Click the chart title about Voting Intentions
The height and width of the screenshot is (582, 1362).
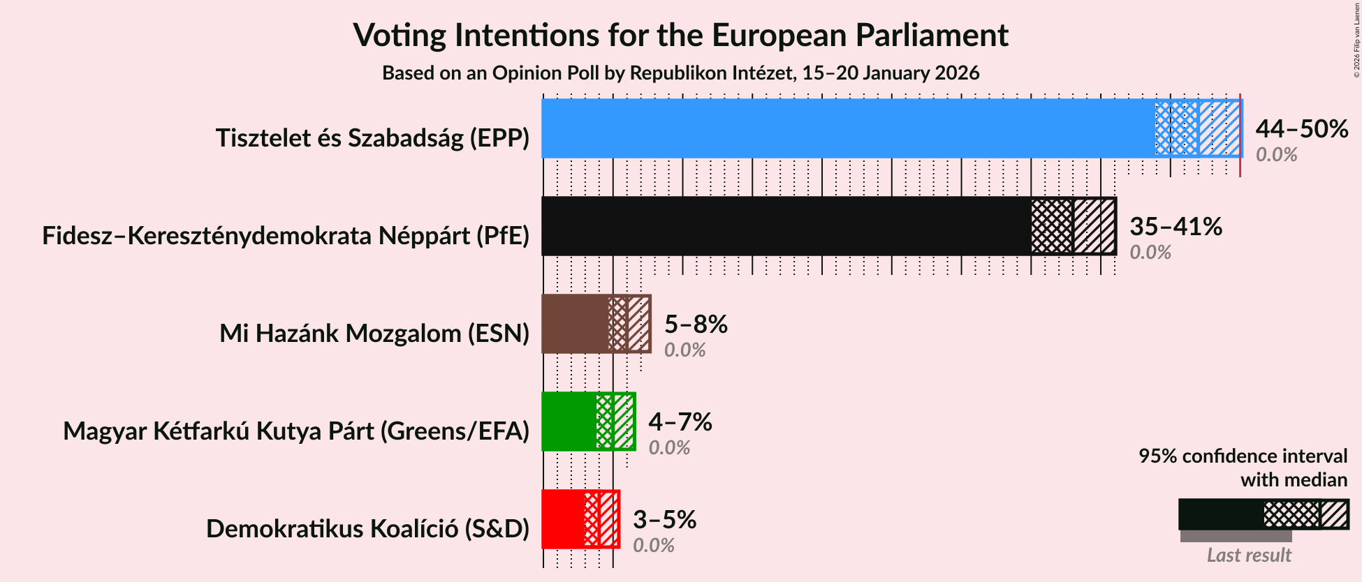click(x=680, y=35)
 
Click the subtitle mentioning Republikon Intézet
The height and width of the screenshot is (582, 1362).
click(x=680, y=73)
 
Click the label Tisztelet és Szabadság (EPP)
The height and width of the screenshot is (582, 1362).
click(x=372, y=138)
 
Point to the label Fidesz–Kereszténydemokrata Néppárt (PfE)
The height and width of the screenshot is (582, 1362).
click(x=286, y=236)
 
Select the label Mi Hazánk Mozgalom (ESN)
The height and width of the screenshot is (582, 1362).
click(x=374, y=334)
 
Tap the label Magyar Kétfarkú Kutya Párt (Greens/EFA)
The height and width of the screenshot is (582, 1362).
click(x=296, y=431)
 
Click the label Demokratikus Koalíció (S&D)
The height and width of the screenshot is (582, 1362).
click(x=367, y=529)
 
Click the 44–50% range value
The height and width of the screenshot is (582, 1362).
click(x=1301, y=129)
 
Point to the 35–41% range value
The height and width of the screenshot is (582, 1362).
click(x=1176, y=227)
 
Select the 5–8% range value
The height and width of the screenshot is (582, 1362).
click(x=696, y=324)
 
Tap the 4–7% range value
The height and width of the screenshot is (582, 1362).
click(x=680, y=422)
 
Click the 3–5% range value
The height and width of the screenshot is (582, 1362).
click(x=664, y=520)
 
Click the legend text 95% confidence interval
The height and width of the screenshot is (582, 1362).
click(x=1243, y=456)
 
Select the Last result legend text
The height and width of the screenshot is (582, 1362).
click(x=1249, y=555)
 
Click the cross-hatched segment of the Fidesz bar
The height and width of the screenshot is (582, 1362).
click(x=1052, y=226)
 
